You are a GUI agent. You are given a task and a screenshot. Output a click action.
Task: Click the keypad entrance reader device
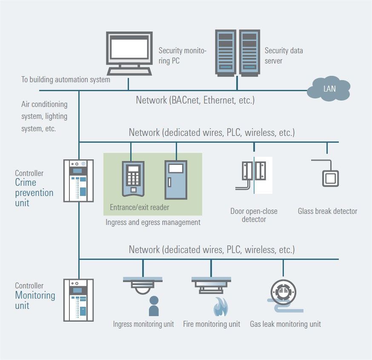(133, 178)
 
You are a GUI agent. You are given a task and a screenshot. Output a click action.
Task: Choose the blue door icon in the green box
(176, 180)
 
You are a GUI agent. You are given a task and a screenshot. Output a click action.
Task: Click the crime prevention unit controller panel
(78, 180)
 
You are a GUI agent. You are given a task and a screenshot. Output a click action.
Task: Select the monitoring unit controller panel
(78, 300)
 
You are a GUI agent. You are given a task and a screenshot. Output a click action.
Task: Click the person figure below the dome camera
(154, 306)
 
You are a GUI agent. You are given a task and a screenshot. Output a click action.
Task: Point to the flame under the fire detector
(220, 306)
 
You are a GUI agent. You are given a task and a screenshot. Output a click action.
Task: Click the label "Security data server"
(283, 55)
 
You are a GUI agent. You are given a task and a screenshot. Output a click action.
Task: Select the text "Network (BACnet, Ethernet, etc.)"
(195, 101)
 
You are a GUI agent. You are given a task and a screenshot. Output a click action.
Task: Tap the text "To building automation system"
(66, 80)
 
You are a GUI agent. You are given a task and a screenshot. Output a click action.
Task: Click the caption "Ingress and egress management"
(153, 222)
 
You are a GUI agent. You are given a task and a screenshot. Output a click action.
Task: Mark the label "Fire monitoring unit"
(212, 324)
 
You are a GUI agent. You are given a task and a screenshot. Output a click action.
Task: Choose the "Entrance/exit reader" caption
(140, 207)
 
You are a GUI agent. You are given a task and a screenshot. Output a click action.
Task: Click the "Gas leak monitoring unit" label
(285, 324)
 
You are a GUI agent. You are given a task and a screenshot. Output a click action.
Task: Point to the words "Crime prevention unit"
(34, 193)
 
